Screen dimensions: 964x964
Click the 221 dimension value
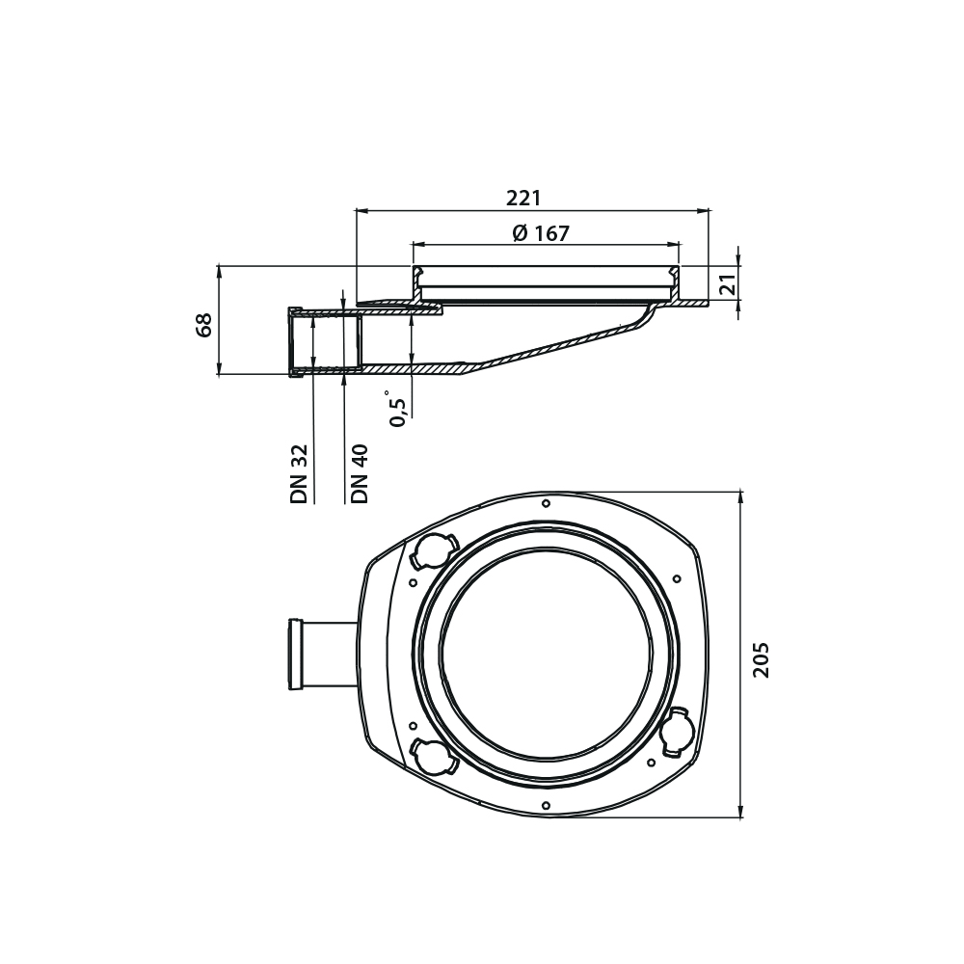(x=523, y=198)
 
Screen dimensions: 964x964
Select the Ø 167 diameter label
(x=541, y=233)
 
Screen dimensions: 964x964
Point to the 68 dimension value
(x=204, y=325)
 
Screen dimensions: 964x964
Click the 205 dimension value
(x=762, y=659)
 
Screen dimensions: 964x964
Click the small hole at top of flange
(x=546, y=503)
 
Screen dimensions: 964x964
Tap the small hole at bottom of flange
(x=546, y=805)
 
